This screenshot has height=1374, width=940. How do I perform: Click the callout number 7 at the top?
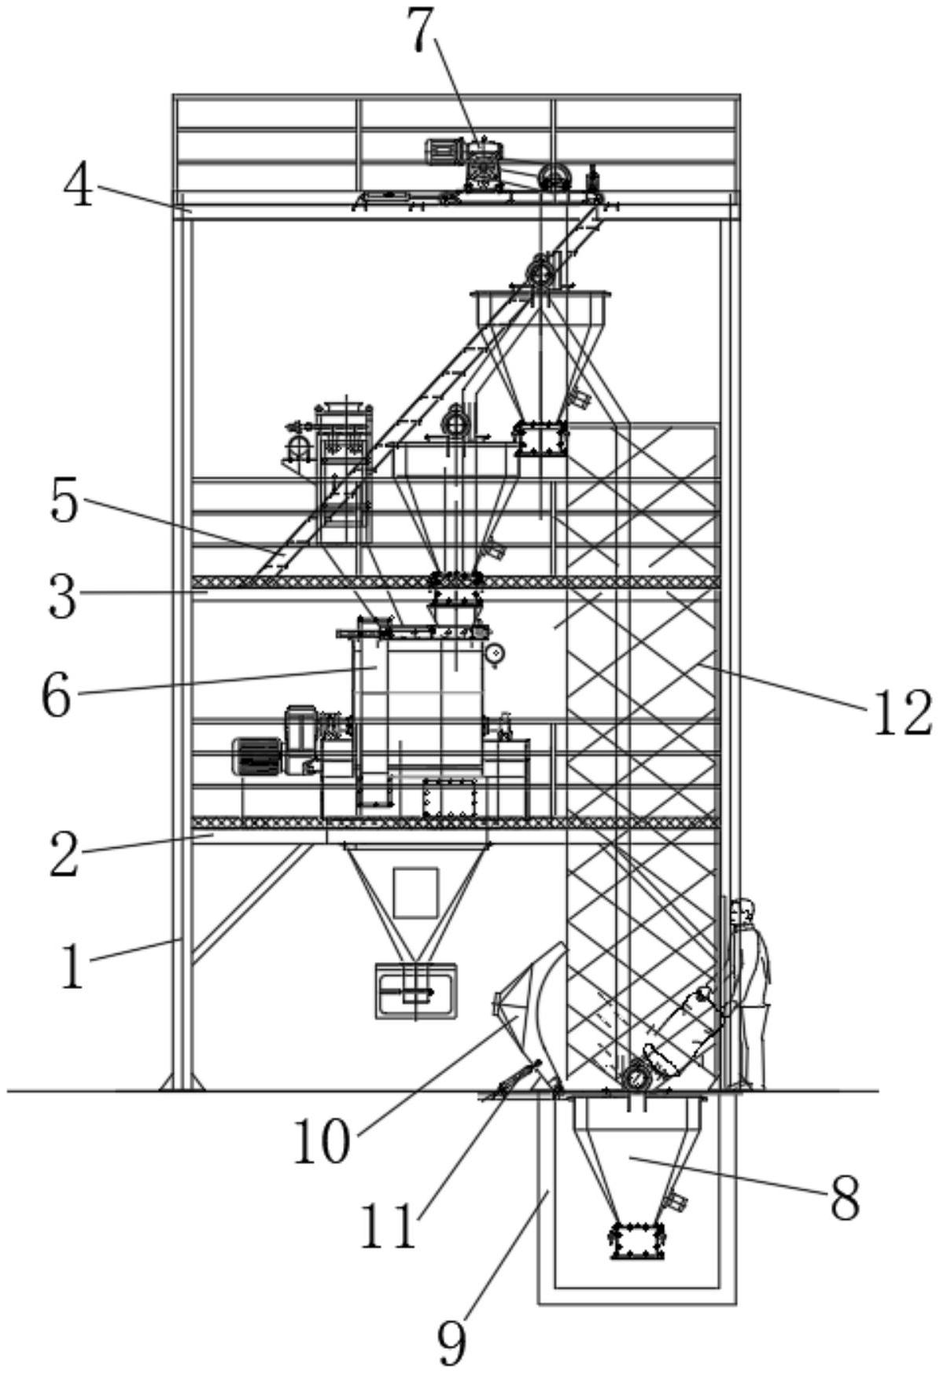click(423, 31)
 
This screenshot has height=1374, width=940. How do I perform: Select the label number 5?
click(65, 500)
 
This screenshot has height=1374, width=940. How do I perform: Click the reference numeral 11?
click(389, 1225)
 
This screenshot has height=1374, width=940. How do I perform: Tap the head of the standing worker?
click(742, 913)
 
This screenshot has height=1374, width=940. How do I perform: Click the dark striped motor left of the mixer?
click(256, 755)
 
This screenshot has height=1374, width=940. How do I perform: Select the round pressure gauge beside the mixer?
click(494, 652)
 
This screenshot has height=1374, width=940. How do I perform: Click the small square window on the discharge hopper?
click(415, 892)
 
